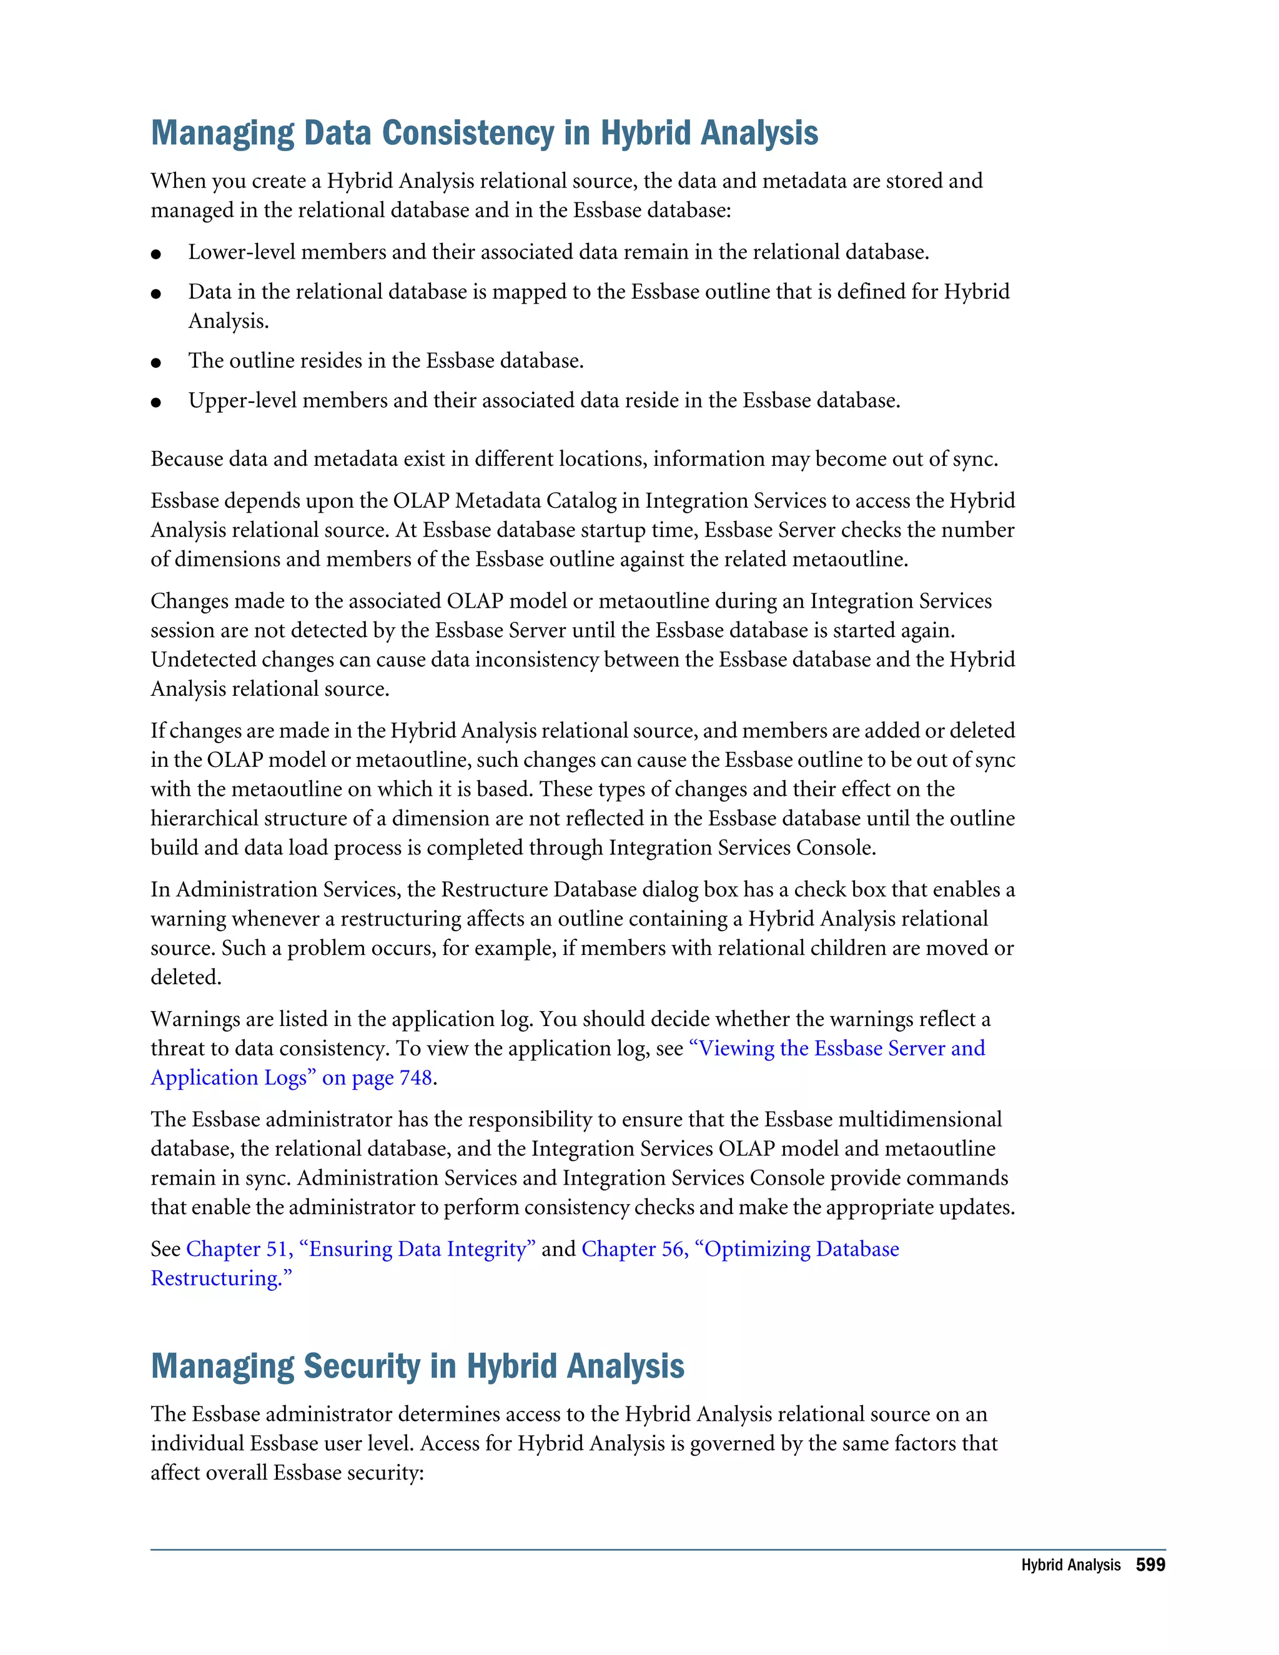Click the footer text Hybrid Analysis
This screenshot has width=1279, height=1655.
(1070, 1566)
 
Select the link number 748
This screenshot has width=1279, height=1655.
(415, 1077)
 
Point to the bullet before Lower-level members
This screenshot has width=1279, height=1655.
(156, 254)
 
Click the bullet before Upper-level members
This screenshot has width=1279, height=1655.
(156, 402)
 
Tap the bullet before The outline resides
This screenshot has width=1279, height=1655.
(156, 362)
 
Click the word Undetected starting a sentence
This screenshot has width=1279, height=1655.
(203, 660)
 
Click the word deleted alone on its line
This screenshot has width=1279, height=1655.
(185, 977)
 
